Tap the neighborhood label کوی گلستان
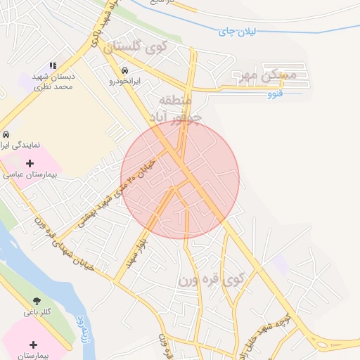pyautogui.click(x=137, y=49)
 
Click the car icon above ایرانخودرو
pyautogui.click(x=124, y=71)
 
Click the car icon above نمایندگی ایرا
pyautogui.click(x=6, y=134)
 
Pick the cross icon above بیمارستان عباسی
pyautogui.click(x=30, y=163)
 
